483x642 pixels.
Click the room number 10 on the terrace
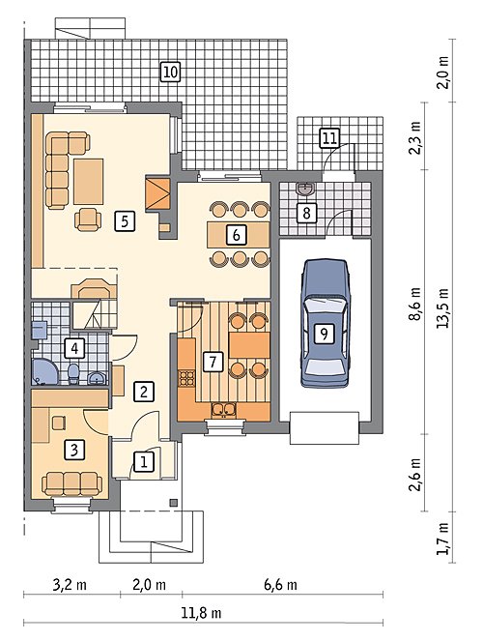[170, 73]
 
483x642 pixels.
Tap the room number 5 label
[125, 221]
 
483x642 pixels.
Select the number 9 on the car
[324, 335]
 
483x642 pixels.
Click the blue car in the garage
[326, 323]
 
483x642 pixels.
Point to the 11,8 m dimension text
[201, 613]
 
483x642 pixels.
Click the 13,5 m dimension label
[442, 307]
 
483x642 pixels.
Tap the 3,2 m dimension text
[70, 584]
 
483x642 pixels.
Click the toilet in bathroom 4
[73, 374]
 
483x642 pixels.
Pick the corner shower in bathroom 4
[44, 372]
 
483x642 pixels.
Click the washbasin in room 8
[305, 190]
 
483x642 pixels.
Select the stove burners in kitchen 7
[187, 377]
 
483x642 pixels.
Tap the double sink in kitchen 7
[224, 410]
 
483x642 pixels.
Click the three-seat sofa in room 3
[72, 483]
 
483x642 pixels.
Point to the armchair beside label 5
[88, 219]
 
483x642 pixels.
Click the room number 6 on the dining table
[236, 235]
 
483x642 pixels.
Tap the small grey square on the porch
[174, 503]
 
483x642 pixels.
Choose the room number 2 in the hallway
[144, 392]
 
